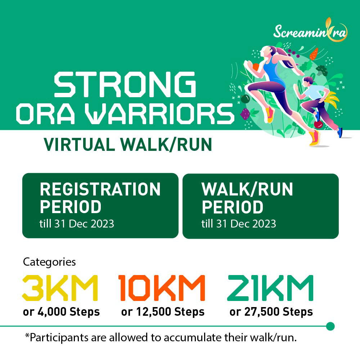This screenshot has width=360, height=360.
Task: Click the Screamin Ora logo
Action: (x=310, y=30)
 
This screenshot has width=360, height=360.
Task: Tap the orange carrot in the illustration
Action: (x=314, y=54)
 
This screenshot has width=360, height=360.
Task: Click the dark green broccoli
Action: (x=322, y=70)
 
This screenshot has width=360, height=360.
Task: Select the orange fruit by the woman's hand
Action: (x=255, y=67)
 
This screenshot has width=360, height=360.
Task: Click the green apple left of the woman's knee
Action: (x=245, y=99)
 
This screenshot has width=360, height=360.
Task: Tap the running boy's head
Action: (x=308, y=81)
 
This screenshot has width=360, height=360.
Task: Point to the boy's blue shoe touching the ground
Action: (x=339, y=132)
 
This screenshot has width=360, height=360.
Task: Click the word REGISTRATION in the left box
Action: (x=100, y=189)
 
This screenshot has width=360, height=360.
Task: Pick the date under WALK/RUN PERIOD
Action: (x=239, y=224)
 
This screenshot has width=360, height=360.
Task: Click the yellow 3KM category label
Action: (x=60, y=288)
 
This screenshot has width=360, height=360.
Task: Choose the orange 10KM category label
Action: (x=162, y=288)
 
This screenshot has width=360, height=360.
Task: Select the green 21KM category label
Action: (x=270, y=288)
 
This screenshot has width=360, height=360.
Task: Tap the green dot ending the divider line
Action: (x=330, y=326)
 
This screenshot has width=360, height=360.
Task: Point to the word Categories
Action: (x=49, y=262)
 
